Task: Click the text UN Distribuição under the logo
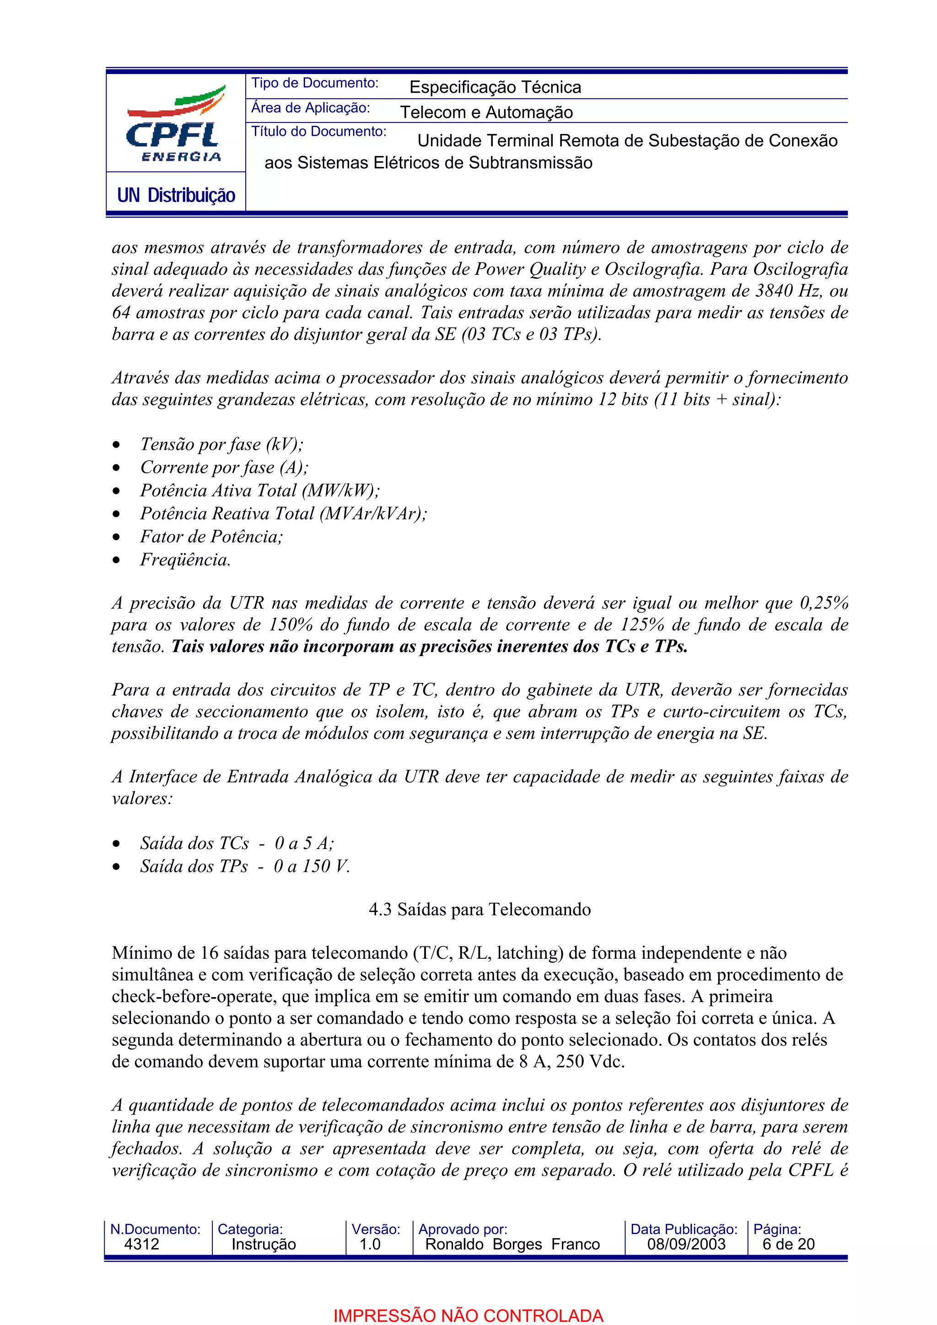176,195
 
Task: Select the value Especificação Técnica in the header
495,87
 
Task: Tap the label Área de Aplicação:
310,108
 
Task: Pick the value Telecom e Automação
486,112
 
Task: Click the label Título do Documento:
318,132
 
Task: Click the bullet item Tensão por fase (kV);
221,444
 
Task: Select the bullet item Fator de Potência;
211,537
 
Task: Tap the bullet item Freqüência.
185,560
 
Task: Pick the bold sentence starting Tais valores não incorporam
429,647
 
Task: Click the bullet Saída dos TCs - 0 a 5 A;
237,843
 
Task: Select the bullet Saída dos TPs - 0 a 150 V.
245,866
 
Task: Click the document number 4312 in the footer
141,1244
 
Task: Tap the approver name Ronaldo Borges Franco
512,1244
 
